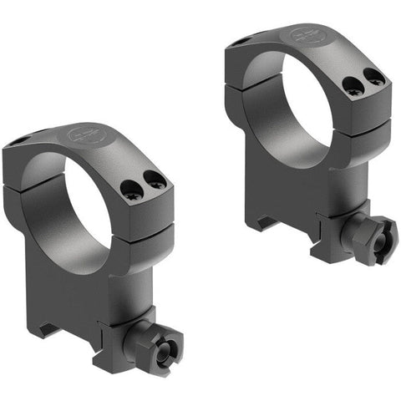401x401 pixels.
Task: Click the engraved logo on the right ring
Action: [303, 36]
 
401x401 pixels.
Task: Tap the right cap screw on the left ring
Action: [154, 179]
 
